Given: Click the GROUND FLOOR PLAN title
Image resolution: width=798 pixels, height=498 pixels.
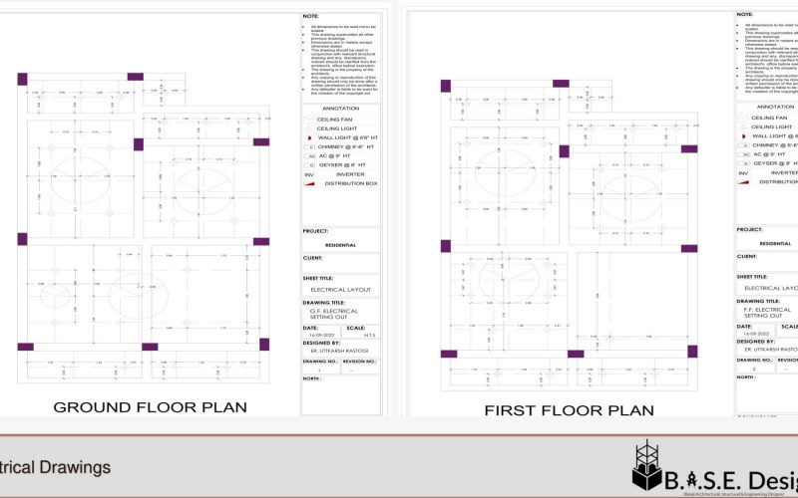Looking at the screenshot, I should tap(151, 406).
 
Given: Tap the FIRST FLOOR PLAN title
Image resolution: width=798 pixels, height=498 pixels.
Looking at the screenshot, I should tap(569, 409).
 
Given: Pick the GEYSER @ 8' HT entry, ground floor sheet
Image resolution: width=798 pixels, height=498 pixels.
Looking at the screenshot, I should tap(342, 164).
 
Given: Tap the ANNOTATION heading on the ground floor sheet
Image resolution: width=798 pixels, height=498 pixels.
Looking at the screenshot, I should tap(341, 107).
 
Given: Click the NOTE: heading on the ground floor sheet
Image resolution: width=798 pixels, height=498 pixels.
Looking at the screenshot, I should tap(310, 16).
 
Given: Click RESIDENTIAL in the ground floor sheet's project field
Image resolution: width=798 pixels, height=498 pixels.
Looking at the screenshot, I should tap(341, 243).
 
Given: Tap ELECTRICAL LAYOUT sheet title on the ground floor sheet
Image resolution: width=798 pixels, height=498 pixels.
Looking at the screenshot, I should tap(341, 290).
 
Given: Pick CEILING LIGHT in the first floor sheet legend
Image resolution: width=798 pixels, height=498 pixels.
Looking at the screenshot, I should tap(772, 127).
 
